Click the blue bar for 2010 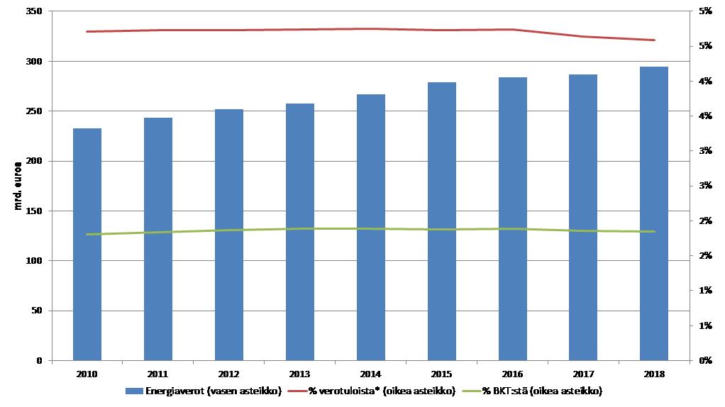87,245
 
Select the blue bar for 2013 299,232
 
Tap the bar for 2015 441,221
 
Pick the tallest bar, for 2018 654,213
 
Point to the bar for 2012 228,235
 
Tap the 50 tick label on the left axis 36,311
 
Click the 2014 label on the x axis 370,373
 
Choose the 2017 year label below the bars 583,373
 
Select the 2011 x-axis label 157,373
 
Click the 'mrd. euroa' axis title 19,186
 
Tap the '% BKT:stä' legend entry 543,391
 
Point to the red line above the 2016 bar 512,30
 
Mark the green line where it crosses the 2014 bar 370,228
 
